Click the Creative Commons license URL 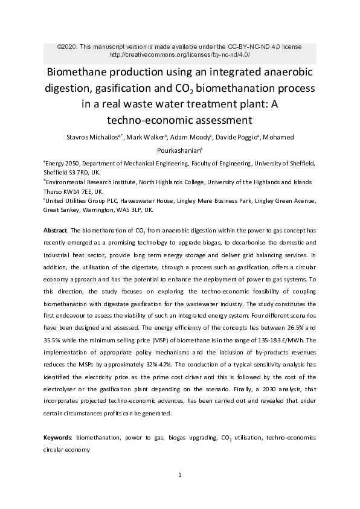click(x=179, y=54)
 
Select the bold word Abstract click(x=56, y=231)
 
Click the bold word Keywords click(x=57, y=436)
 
